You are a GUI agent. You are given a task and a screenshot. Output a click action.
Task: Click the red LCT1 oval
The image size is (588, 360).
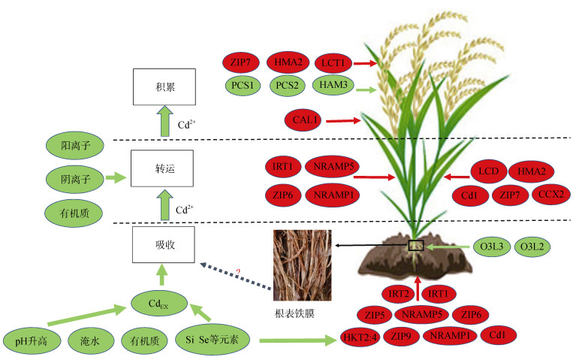pos(333,64)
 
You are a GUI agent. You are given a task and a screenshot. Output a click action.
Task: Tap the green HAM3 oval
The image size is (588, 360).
pos(333,87)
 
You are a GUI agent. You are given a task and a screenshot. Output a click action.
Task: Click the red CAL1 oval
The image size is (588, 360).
pos(303,119)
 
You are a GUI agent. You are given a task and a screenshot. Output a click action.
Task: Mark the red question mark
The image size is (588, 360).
pos(238,271)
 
